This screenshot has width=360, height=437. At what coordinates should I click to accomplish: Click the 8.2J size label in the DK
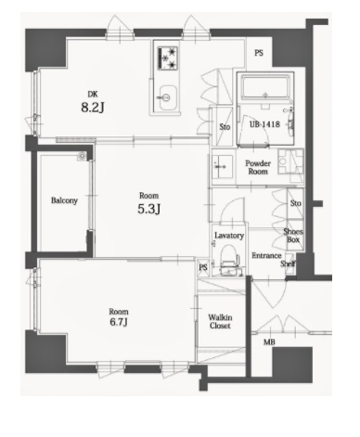93,108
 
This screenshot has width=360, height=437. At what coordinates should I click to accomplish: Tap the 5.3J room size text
149,210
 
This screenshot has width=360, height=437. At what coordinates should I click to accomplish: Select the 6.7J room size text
119,322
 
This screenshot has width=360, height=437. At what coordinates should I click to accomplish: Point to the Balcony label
64,200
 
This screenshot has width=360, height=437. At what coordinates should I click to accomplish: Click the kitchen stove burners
168,58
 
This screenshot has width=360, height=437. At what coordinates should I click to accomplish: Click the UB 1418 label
264,124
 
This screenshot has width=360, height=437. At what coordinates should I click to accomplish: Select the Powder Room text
258,167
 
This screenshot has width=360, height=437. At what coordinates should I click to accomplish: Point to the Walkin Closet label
220,322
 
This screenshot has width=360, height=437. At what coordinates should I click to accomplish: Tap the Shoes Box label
293,236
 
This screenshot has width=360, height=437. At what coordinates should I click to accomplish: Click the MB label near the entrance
269,342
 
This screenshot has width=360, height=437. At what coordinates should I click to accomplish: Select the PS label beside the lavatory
203,267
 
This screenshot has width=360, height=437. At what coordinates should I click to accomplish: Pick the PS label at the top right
259,53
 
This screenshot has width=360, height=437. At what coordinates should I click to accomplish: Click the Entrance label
266,256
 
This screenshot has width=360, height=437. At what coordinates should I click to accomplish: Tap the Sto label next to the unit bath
225,127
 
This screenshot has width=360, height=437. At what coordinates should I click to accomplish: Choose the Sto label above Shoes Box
296,203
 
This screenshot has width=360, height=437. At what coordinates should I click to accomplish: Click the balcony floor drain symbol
82,157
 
